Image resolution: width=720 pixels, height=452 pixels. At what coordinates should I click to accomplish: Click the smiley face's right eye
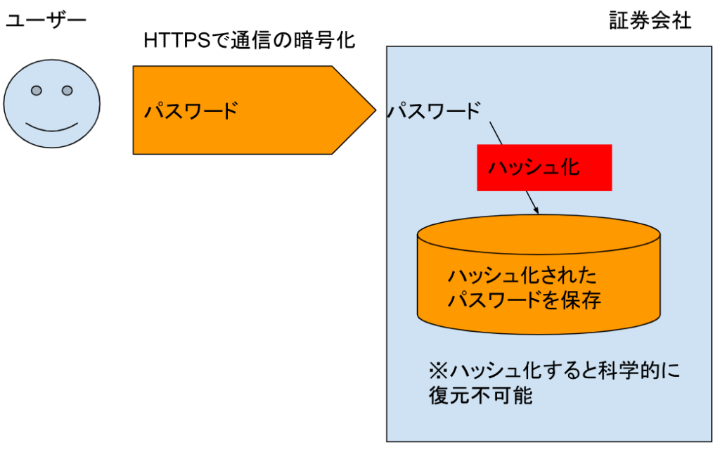[x=67, y=91]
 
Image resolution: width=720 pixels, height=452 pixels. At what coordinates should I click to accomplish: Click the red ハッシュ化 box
[x=544, y=167]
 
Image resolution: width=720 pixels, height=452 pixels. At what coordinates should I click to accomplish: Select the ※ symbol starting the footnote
[x=437, y=370]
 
